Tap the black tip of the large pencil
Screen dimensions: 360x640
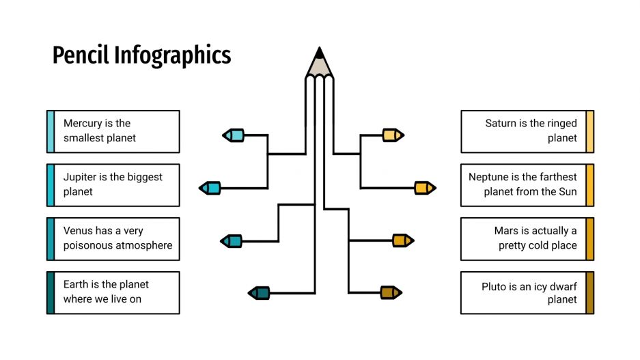pos(319,52)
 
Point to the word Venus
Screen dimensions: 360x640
pos(78,231)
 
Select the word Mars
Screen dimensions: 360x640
pos(507,231)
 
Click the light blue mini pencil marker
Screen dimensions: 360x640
pos(234,135)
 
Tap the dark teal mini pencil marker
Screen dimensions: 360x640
pos(259,293)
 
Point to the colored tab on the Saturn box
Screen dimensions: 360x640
pos(590,131)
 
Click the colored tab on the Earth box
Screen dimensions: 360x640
pos(50,292)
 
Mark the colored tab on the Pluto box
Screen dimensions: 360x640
pos(590,292)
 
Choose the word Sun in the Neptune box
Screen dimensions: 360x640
pos(568,192)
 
